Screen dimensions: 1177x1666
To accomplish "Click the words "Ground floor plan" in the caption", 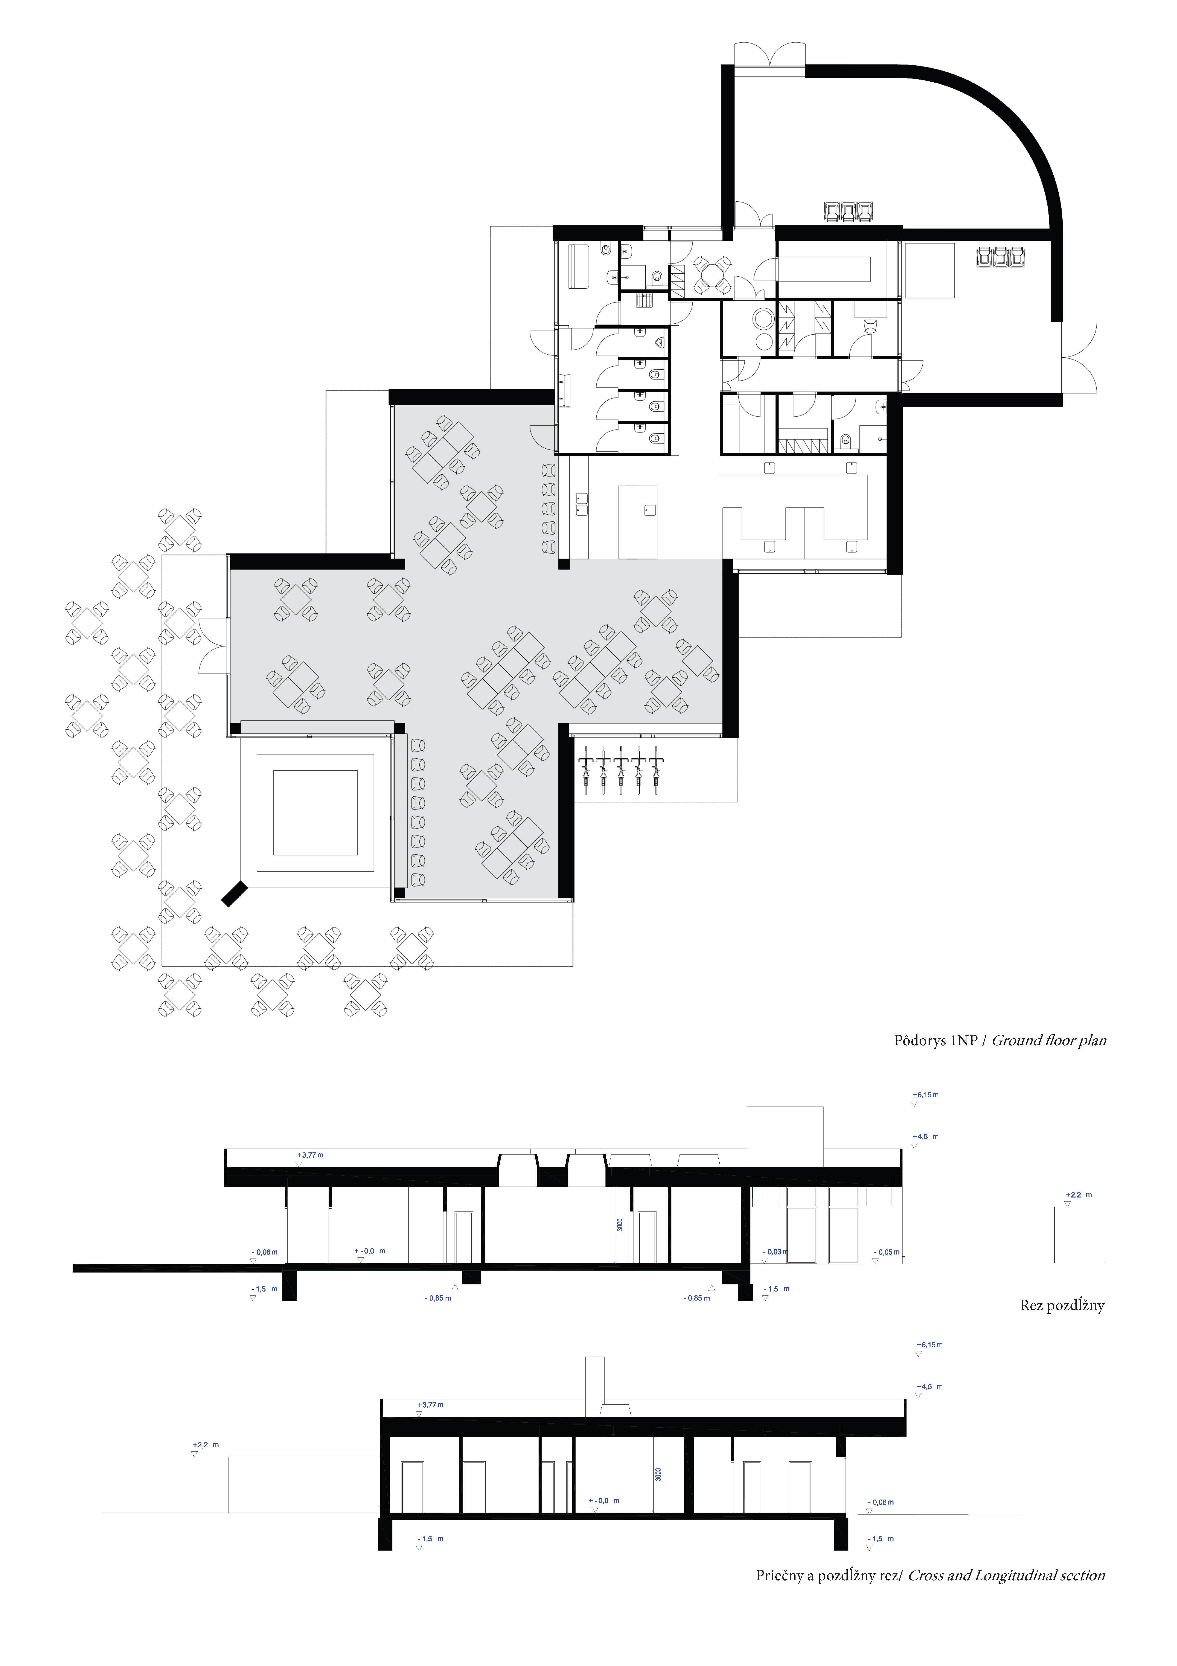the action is (1049, 1041).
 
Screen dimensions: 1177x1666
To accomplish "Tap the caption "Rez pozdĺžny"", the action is (1062, 1305).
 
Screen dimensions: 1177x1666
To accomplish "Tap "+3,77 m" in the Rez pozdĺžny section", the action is (310, 1155).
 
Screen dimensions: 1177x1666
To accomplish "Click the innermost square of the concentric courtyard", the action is (316, 813).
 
